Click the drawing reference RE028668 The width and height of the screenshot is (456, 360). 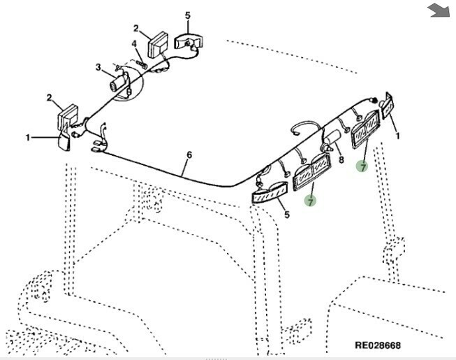378,345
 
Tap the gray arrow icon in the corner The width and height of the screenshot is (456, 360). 439,10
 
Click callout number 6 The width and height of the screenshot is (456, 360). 189,154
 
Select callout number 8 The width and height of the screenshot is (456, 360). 341,159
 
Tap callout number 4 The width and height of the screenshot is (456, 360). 134,45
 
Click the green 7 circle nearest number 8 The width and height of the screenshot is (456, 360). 362,166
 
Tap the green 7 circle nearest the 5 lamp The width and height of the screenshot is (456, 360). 310,201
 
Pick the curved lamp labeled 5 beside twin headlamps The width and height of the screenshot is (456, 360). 270,192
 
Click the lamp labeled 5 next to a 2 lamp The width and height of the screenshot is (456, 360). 189,41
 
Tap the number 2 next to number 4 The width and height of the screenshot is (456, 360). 136,29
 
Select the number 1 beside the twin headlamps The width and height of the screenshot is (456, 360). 397,136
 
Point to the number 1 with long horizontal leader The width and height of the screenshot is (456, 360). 29,138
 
